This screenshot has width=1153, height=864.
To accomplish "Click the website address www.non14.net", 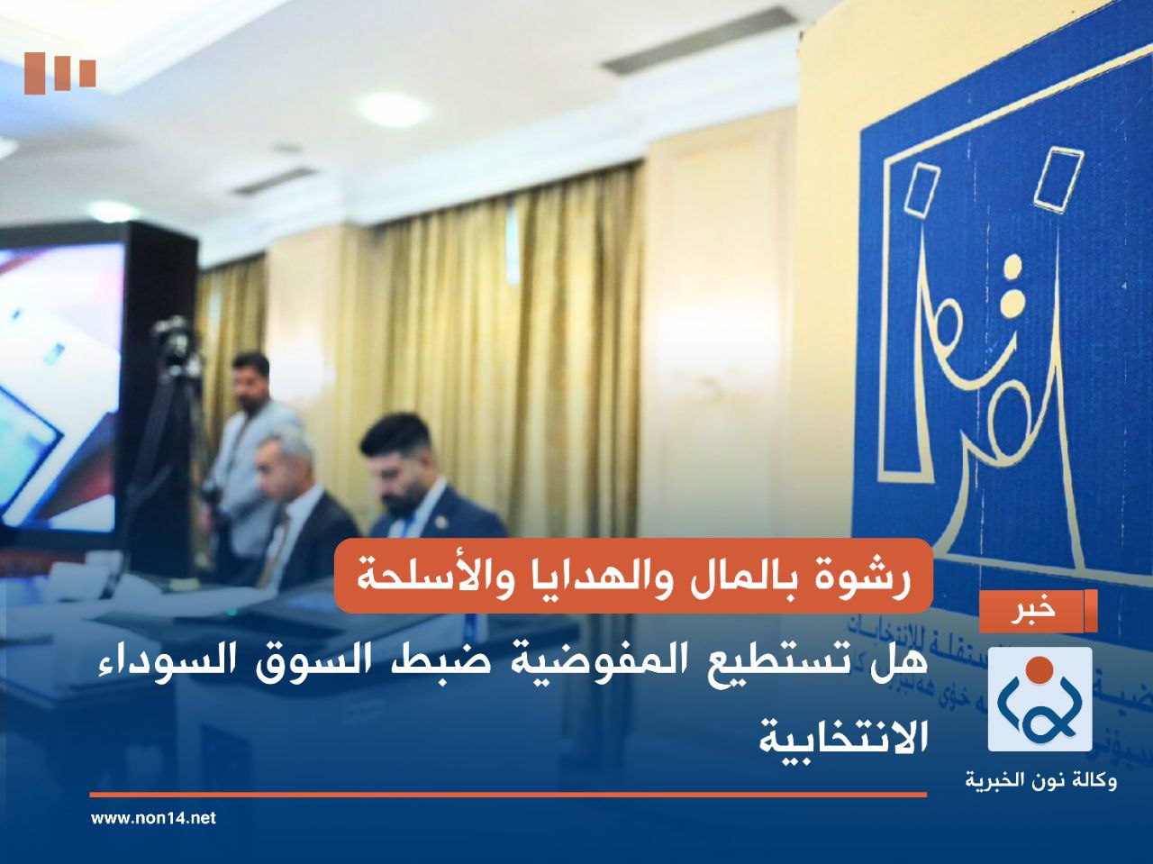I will pos(154,818).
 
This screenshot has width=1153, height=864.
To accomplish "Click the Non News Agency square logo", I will pos(1040,699).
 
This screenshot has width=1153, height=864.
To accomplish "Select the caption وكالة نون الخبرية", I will pos(1040,779).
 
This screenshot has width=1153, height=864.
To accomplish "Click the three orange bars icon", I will pos(60,73).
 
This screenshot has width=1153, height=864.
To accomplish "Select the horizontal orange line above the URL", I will pos(508,795).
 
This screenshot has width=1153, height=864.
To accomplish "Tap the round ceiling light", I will pos(393,108).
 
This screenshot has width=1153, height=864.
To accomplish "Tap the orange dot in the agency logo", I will pos(1040,669).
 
